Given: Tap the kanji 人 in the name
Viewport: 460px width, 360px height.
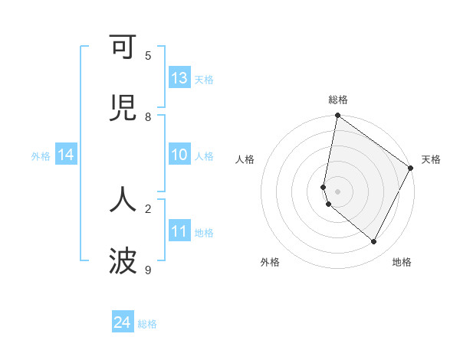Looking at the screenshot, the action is tap(123, 199).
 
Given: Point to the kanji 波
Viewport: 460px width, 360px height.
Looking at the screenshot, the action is tap(123, 261).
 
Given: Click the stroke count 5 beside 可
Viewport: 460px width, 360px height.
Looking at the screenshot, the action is tap(148, 55).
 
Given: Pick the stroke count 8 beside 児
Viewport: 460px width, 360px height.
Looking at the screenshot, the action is tap(148, 117).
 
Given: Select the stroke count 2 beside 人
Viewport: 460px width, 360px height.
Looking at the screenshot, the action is tap(148, 208).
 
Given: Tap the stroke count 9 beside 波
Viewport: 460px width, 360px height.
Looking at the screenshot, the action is tap(148, 270).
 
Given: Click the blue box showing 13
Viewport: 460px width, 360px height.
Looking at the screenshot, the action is tap(179, 78).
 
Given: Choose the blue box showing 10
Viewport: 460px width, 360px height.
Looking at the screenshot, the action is tap(179, 155).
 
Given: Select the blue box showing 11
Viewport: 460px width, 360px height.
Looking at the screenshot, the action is tap(179, 231).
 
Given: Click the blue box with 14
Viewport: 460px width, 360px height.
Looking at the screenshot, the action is tap(66, 155).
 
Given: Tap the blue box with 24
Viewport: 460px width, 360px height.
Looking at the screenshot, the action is tap(123, 323).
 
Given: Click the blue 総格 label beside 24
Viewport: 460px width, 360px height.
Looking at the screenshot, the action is tap(147, 324).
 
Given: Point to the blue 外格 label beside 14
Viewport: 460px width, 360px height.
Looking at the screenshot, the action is tap(41, 155).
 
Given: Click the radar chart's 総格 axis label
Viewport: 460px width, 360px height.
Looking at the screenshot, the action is tap(338, 100).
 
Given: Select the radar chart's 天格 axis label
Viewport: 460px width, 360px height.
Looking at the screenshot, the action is tap(431, 159).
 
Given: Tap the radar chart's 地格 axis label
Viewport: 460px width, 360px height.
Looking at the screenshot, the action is tap(402, 262).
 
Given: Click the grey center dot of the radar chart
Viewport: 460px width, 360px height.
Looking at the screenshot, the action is tap(338, 191).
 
